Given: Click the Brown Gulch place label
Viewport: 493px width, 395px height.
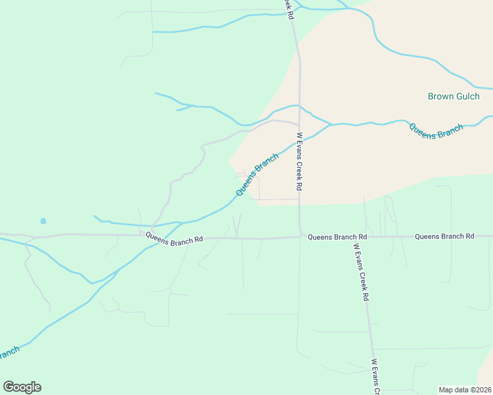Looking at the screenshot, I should tap(454, 96).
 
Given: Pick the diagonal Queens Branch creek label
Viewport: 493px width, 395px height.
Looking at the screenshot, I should tap(257, 174).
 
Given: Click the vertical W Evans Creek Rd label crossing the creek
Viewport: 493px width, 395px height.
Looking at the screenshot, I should tap(299, 161).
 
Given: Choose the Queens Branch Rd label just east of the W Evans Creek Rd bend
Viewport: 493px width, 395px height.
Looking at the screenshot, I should tap(337, 236).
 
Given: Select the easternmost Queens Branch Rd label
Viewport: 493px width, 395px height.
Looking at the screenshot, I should tap(444, 236).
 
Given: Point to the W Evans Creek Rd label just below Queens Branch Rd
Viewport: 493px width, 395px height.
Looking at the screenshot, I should tap(361, 272).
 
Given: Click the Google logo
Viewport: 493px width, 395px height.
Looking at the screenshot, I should tap(22, 387).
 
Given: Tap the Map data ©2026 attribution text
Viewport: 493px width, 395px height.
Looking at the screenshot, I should tap(464, 390).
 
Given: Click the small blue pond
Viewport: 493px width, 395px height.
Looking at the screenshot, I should tap(43, 221).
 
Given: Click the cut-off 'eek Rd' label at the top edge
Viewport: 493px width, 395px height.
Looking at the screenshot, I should tap(288, 9).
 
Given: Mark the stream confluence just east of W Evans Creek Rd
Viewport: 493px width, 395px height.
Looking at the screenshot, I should tap(330, 124).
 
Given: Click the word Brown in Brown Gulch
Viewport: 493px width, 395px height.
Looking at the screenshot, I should tap(440, 96).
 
